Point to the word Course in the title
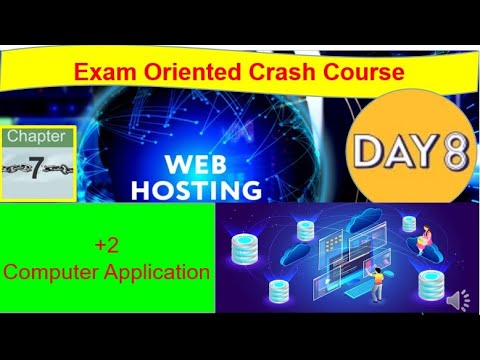pos(346,72)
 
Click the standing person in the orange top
pos(377,281)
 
